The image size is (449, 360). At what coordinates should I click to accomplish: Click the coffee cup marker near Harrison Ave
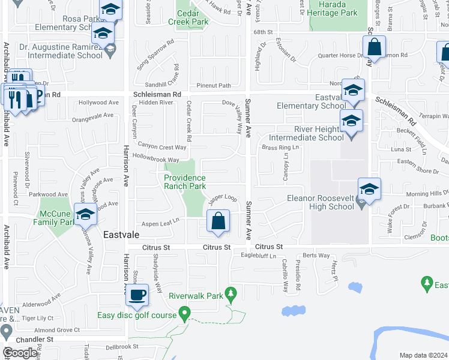click(x=138, y=295)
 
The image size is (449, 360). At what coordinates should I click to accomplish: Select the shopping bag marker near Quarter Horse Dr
click(x=374, y=47)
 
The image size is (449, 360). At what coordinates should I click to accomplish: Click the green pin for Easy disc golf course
click(x=184, y=313)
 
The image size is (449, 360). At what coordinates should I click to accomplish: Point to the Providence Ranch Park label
click(x=185, y=182)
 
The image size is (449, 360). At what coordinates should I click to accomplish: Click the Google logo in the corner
click(x=20, y=353)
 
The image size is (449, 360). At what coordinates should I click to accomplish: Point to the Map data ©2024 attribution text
click(x=423, y=355)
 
